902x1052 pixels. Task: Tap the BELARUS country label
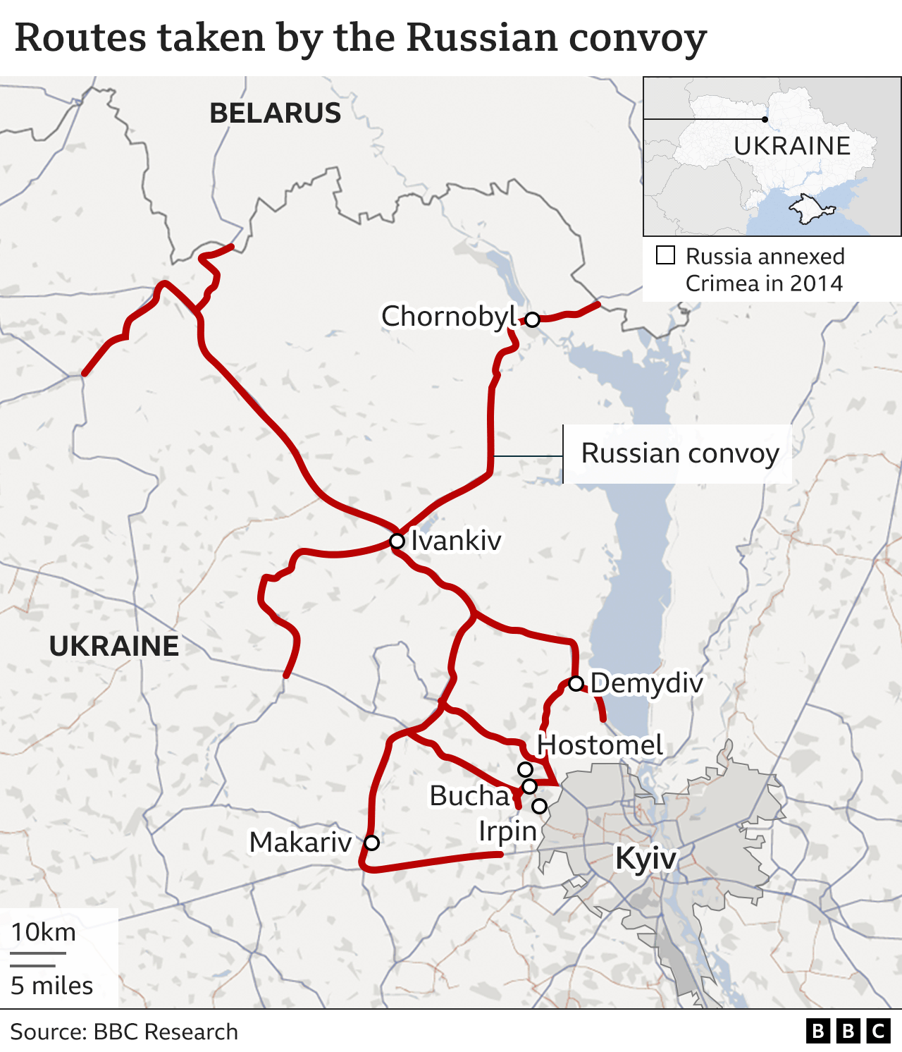point(275,114)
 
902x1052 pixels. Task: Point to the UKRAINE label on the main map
point(114,646)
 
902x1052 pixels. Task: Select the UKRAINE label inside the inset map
point(792,146)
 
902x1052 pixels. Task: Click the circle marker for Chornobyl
point(532,319)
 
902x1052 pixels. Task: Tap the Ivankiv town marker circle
point(397,541)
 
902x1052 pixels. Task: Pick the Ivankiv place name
point(456,541)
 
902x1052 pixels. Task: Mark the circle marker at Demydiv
point(576,683)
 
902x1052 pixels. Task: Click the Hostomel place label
point(600,745)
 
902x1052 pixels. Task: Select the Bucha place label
point(469,795)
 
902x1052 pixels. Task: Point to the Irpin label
point(507,831)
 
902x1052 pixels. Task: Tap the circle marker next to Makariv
point(371,843)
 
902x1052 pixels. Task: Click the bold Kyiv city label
point(645,858)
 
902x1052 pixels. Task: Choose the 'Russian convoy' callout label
point(680,453)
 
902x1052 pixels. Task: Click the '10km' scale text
point(44,932)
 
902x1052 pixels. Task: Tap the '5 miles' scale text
point(52,985)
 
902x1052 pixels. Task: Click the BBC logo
point(848,1032)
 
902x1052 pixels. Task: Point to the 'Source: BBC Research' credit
point(124,1032)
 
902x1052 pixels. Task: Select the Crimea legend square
point(665,255)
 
